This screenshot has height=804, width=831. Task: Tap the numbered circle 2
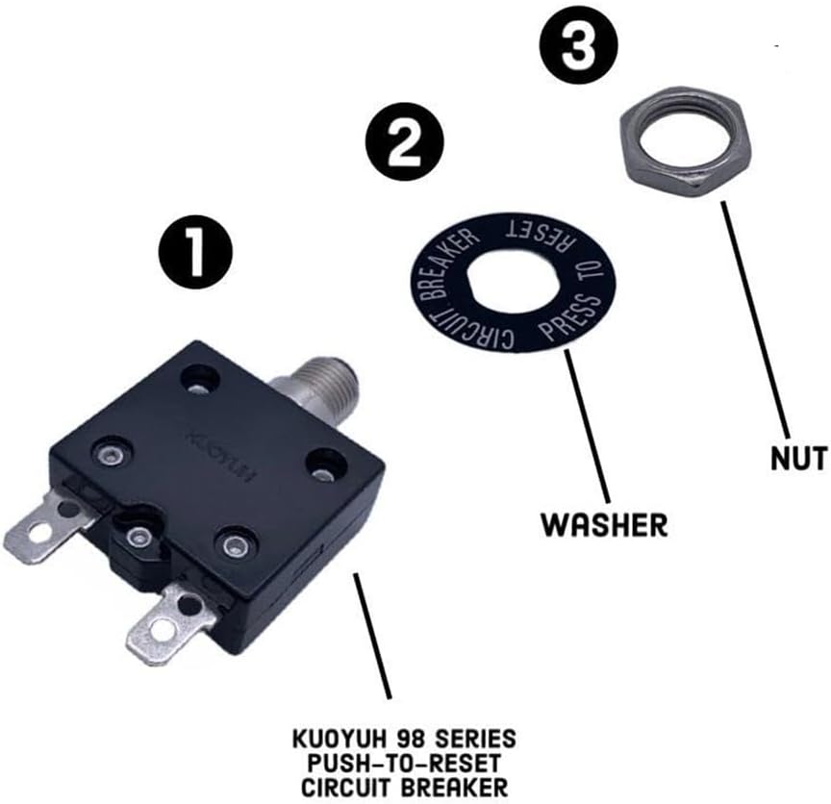[404, 141]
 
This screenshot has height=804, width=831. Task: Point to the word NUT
[798, 458]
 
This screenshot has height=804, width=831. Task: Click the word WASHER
[604, 525]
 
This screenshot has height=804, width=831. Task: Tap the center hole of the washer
[513, 281]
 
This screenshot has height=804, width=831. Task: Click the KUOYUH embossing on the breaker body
[222, 455]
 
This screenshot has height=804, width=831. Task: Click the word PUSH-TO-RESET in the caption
[404, 764]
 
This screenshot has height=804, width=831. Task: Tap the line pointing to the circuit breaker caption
[372, 636]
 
